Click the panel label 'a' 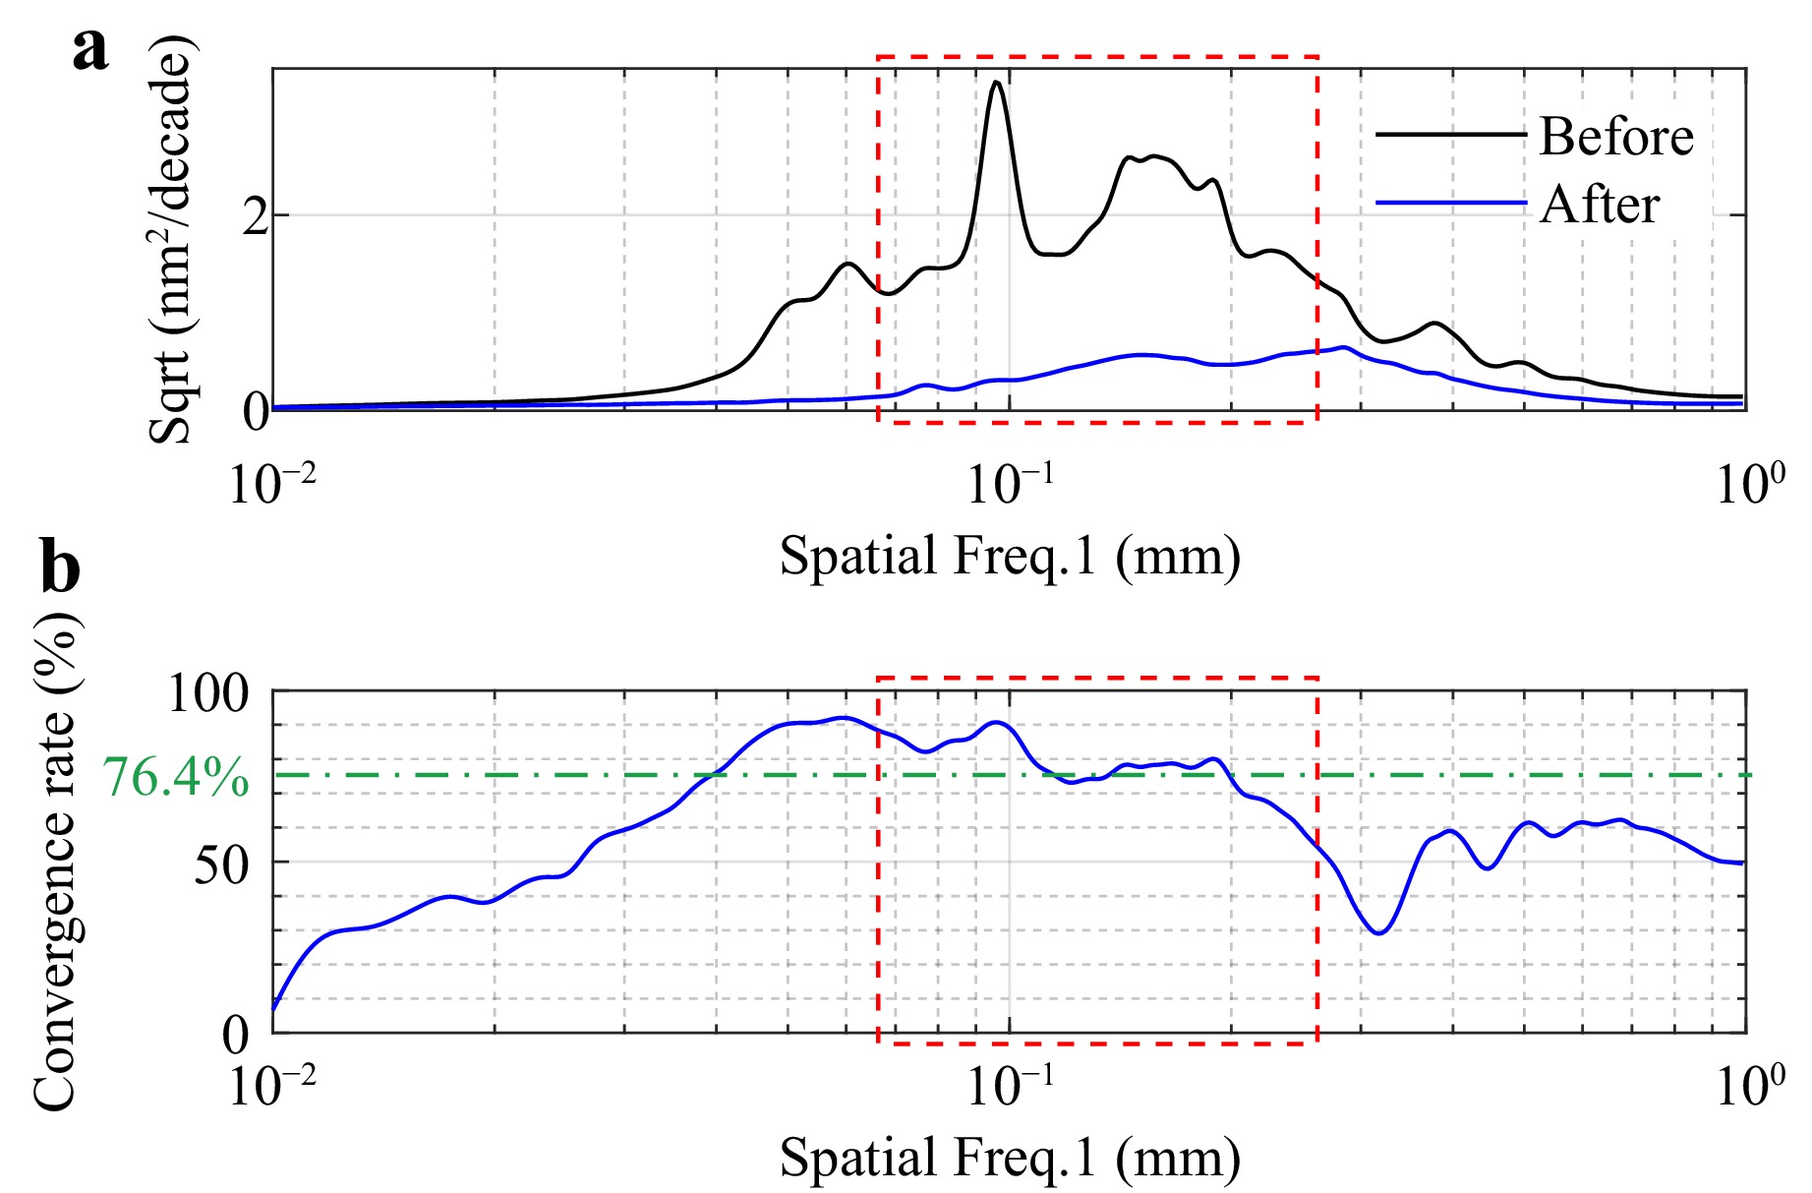point(90,49)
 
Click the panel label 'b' point(61,569)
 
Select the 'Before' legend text point(1615,137)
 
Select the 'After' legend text point(1599,206)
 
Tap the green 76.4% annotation point(176,777)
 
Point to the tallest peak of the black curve point(997,83)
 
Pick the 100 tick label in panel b point(208,694)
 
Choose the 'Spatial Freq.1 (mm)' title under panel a point(1010,557)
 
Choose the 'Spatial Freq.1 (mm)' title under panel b point(1010,1158)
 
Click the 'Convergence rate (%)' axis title point(56,861)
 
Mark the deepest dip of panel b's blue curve point(1379,932)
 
